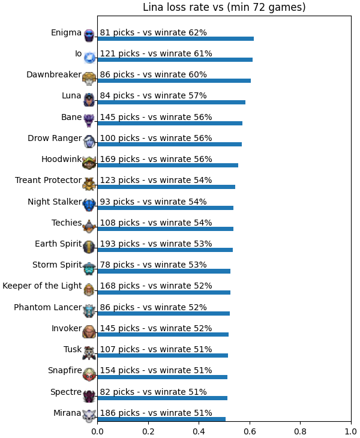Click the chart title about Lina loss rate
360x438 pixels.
224,7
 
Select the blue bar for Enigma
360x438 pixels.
176,38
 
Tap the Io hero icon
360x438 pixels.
89,57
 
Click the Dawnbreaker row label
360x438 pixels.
54,74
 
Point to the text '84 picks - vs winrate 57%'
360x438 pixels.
154,95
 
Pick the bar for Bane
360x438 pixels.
170,123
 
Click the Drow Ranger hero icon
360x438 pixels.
89,142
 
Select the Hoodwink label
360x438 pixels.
61,159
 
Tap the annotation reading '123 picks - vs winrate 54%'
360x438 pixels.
156,180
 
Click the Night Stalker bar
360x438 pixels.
166,208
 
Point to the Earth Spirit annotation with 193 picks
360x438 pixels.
156,244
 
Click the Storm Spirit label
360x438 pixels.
57,265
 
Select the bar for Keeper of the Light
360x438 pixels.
164,292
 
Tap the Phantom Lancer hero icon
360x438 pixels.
89,311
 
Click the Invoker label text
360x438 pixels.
67,328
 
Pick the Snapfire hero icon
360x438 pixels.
89,374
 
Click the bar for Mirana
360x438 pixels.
161,419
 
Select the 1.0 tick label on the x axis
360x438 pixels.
351,431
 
